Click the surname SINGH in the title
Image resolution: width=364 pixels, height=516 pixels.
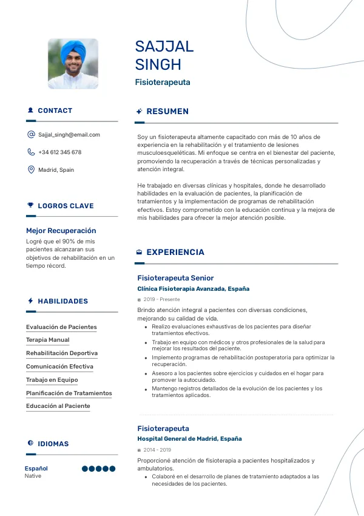pyautogui.click(x=158, y=64)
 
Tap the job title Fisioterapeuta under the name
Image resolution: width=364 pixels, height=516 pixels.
pyautogui.click(x=163, y=82)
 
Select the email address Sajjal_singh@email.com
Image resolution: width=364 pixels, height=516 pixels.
pyautogui.click(x=69, y=135)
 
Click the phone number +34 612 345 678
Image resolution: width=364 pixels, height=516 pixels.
pyautogui.click(x=59, y=152)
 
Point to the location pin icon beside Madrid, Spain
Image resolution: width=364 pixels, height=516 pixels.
pyautogui.click(x=31, y=170)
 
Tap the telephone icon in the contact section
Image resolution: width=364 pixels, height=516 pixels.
pyautogui.click(x=31, y=152)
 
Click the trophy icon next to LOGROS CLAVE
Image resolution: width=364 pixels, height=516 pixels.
pyautogui.click(x=30, y=206)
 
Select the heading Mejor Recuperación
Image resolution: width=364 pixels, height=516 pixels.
pyautogui.click(x=61, y=231)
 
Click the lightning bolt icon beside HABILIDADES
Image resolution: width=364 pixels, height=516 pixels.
pyautogui.click(x=30, y=301)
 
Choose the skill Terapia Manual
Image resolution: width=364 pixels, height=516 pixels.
pyautogui.click(x=47, y=340)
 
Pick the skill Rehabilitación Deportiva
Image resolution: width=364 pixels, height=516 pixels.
pyautogui.click(x=62, y=353)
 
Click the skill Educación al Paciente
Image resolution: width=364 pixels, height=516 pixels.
pyautogui.click(x=58, y=406)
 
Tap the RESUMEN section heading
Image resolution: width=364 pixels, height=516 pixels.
pyautogui.click(x=167, y=112)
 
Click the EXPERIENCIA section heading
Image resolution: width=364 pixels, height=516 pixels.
pyautogui.click(x=175, y=252)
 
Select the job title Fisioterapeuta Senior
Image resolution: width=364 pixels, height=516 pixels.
pyautogui.click(x=175, y=278)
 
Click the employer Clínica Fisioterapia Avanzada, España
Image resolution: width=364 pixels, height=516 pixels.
pyautogui.click(x=193, y=289)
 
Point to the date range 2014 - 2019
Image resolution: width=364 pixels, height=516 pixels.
pyautogui.click(x=157, y=450)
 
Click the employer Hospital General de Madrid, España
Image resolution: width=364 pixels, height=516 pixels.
pyautogui.click(x=189, y=438)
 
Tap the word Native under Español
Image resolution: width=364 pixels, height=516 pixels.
pyautogui.click(x=33, y=476)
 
